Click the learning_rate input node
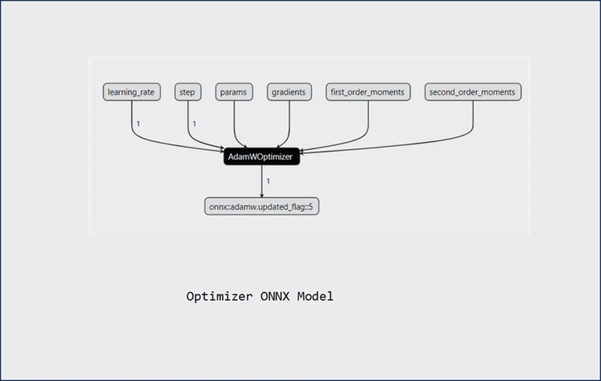[x=131, y=92]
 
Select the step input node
[x=188, y=92]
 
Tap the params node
[x=234, y=92]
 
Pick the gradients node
[x=288, y=92]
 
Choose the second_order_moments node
[x=473, y=92]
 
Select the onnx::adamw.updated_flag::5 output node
[x=262, y=206]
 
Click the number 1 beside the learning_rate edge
[x=138, y=124]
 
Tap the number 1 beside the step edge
[x=195, y=124]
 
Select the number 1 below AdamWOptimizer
[x=268, y=181]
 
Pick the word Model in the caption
[x=315, y=297]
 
